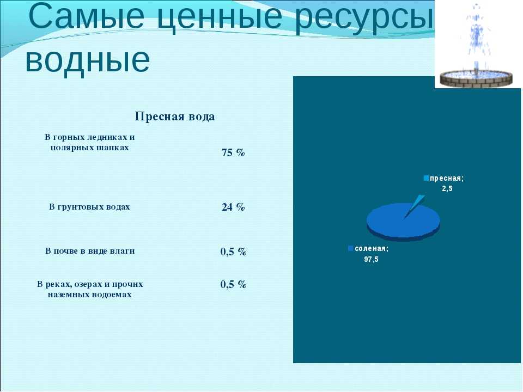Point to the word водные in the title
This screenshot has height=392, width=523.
(87, 59)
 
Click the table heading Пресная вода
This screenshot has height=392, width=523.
(175, 117)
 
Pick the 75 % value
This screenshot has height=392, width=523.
(233, 152)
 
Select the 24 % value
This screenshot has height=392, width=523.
(233, 207)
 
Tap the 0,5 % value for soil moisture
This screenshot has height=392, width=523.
(233, 252)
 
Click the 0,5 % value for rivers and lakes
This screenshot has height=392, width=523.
(233, 284)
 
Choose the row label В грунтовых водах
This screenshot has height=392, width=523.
(89, 207)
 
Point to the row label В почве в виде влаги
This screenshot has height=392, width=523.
(90, 251)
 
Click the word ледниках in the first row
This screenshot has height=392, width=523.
(106, 137)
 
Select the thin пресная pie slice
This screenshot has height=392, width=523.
(416, 204)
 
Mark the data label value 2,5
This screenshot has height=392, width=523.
(447, 189)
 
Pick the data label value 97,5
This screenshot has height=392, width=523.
(371, 259)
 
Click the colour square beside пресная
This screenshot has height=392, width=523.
(426, 179)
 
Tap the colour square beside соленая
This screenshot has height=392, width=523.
(350, 249)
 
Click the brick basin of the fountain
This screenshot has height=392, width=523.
(476, 79)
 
